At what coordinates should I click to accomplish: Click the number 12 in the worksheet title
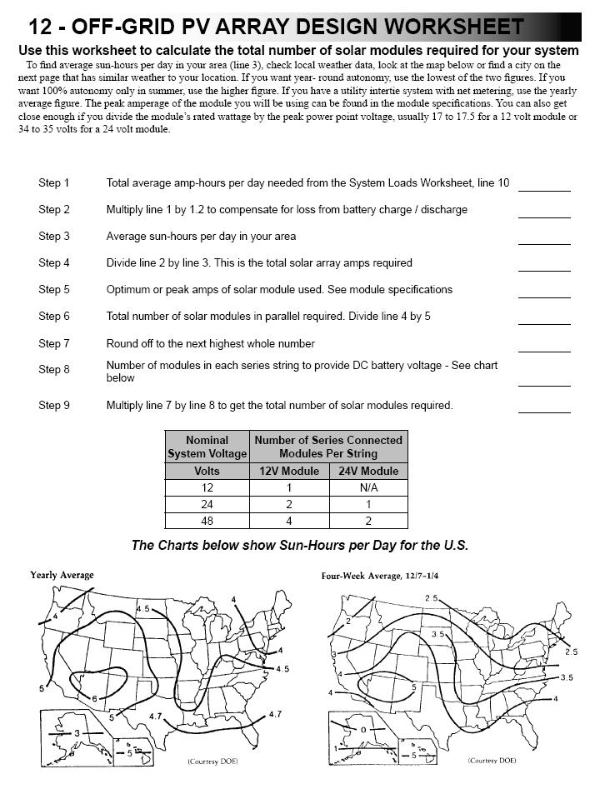[x=41, y=27]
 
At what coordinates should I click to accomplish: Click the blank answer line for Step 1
[x=544, y=190]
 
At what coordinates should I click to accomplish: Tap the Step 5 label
[x=54, y=290]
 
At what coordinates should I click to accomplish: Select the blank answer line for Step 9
[x=544, y=412]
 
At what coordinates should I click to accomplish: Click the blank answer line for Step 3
[x=544, y=243]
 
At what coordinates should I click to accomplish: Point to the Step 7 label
[x=54, y=343]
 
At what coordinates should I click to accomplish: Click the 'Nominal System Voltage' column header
[x=207, y=447]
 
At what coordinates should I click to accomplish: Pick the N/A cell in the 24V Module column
[x=367, y=487]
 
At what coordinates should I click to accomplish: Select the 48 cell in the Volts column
[x=207, y=521]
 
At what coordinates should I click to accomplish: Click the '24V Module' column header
[x=367, y=471]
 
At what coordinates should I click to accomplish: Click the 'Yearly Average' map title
[x=62, y=575]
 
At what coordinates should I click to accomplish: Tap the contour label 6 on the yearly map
[x=94, y=698]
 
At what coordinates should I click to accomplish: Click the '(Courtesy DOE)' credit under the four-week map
[x=492, y=761]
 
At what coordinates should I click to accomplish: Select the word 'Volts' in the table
[x=207, y=471]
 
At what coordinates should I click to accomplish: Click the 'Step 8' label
[x=54, y=370]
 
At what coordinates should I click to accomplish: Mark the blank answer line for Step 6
[x=544, y=323]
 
